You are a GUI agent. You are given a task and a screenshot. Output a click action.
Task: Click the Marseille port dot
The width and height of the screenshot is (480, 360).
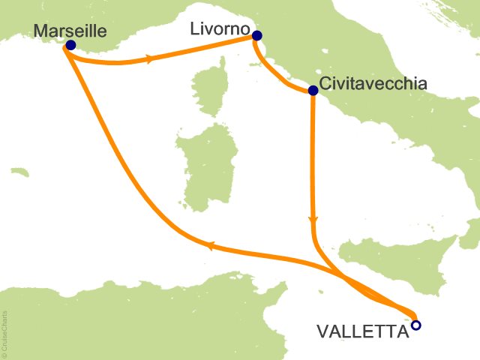pos(70,45)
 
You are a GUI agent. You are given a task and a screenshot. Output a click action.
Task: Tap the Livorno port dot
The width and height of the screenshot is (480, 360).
pos(257,35)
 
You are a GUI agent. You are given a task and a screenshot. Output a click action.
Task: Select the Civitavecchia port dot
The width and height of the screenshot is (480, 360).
pos(313,91)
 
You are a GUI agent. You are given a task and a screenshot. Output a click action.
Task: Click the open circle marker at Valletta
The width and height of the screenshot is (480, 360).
pos(416,325)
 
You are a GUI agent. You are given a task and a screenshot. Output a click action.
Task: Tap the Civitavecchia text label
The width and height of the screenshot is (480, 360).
pos(373,83)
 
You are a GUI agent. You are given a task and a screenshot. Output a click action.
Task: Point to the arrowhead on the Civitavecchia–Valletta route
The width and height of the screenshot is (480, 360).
pos(313,220)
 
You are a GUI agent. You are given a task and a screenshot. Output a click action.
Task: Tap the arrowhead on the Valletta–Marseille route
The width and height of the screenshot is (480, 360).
pos(211,245)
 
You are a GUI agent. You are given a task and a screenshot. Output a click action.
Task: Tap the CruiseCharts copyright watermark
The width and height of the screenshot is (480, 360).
pos(4,333)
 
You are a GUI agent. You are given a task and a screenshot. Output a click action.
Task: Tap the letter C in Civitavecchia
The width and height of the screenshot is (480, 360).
pos(325,83)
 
